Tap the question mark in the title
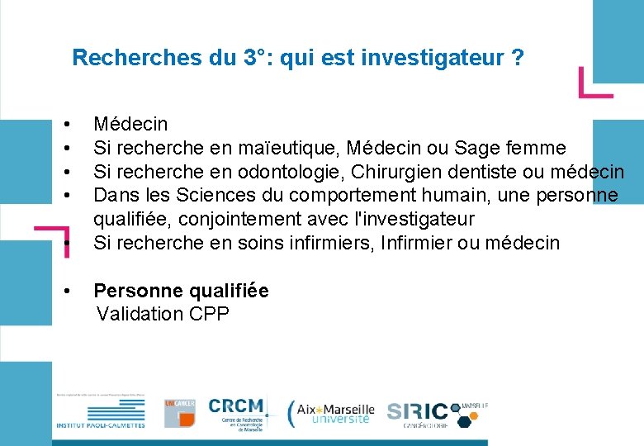pos(518,59)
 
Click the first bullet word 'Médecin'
pos(130,125)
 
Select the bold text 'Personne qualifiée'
pos(181,291)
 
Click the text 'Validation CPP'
pos(163,314)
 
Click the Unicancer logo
pos(179,411)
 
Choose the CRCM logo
pos(237,413)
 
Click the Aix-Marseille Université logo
pos(332,413)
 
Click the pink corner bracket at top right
pos(594,83)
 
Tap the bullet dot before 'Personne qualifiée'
pos(66,291)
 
